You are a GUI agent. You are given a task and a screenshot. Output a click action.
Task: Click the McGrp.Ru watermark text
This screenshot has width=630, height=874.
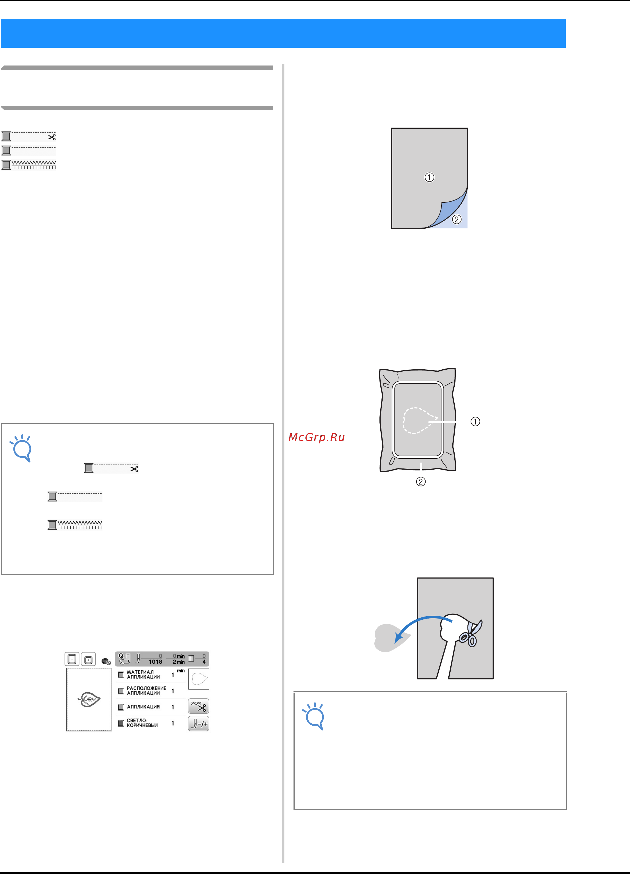tap(316, 437)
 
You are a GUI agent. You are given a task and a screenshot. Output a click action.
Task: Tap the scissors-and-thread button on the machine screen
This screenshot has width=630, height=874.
tap(198, 706)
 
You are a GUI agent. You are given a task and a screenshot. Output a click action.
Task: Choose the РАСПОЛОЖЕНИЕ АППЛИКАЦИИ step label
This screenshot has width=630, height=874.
tap(146, 691)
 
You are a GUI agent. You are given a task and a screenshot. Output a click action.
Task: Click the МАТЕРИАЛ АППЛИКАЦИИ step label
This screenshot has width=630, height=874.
tap(143, 674)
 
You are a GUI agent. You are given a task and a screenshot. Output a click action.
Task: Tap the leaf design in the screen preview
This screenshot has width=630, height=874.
tap(89, 699)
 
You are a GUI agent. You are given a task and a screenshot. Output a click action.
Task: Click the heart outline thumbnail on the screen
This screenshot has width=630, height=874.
tap(199, 679)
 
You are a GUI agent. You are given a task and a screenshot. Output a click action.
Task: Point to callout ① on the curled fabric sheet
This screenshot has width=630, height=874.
tap(429, 177)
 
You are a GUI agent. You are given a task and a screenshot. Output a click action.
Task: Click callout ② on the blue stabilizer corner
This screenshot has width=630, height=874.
tap(457, 219)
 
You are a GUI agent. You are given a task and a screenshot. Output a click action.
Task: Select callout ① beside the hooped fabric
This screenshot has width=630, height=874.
tap(475, 421)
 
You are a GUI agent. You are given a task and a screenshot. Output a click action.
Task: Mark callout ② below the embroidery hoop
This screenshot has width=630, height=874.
tap(421, 481)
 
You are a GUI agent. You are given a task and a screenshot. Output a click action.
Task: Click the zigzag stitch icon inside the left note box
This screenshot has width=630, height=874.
tap(75, 525)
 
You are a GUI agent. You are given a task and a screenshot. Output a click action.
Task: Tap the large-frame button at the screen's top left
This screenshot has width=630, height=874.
tap(72, 659)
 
